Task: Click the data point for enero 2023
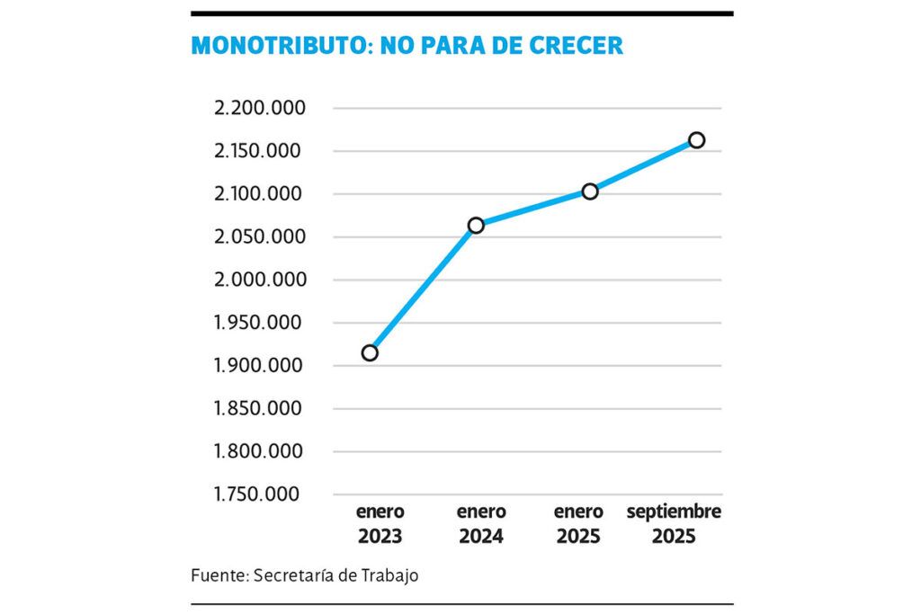point(370,352)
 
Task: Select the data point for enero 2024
point(476,225)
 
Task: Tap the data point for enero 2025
point(590,191)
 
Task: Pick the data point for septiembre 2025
point(696,139)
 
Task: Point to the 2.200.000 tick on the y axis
point(260,109)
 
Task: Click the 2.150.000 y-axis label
point(260,151)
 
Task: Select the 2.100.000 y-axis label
point(260,194)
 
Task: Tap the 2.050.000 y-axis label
point(260,237)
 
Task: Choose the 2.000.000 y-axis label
point(260,280)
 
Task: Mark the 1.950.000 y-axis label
point(260,323)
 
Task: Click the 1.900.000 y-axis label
point(260,366)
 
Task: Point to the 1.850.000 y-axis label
point(260,409)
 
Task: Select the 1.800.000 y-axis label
point(260,451)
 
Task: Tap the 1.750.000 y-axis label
point(260,494)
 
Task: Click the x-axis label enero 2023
point(380,525)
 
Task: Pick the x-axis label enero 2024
point(481,525)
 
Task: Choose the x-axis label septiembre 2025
point(674,525)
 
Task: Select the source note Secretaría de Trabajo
point(336,575)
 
